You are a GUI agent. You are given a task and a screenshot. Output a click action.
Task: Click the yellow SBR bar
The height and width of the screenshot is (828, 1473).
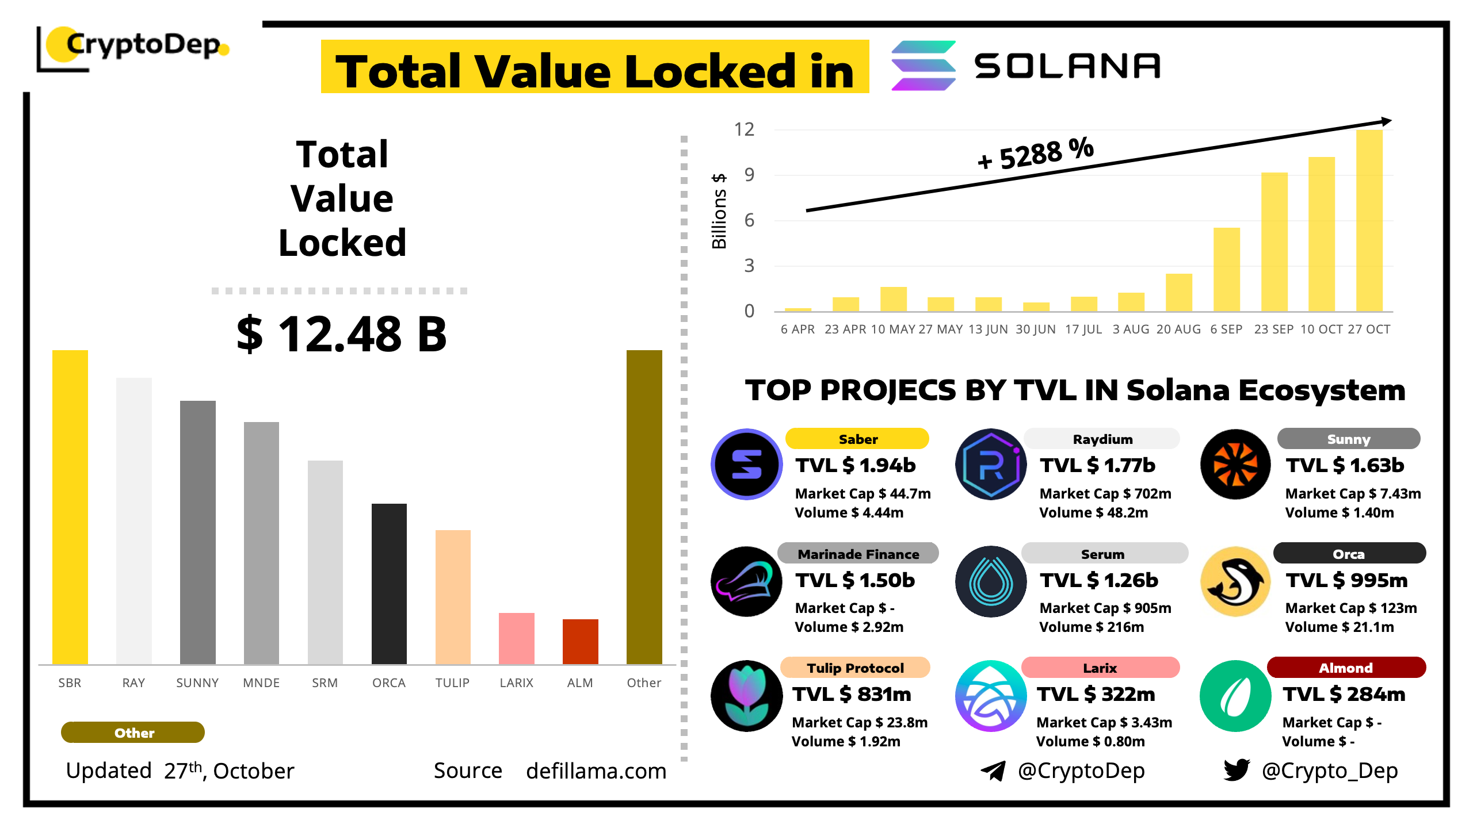pos(70,506)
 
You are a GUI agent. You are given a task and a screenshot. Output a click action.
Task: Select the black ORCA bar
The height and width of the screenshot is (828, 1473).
pos(389,584)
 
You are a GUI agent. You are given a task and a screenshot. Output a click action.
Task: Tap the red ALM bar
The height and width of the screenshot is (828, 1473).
pos(580,641)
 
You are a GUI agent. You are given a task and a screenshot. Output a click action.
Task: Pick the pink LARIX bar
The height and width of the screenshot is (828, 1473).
pos(516,638)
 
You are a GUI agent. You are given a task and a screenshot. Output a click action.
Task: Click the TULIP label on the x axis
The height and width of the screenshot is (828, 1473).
pos(452,683)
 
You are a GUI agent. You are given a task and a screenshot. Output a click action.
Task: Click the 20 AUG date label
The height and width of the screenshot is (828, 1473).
pos(1178,329)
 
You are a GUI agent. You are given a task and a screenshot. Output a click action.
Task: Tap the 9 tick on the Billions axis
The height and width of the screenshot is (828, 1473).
pos(749,174)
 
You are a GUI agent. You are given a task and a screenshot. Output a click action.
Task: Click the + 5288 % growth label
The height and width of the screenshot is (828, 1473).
pos(1035,154)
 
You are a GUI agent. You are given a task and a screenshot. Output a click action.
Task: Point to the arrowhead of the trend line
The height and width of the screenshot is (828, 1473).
pos(1387,121)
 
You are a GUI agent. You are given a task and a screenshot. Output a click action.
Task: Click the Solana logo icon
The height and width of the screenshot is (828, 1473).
pos(923,66)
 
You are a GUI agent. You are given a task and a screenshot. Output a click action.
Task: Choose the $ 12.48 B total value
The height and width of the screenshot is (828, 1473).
pos(342,334)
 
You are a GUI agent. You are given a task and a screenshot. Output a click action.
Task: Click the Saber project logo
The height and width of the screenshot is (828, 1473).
pos(746,464)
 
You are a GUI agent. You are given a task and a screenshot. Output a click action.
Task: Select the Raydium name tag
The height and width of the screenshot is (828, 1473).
pos(1102,439)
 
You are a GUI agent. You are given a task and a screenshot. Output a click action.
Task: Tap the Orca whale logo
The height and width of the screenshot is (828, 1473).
pos(1235,581)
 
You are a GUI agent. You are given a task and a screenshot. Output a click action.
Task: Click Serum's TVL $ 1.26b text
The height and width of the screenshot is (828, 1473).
pos(1098,580)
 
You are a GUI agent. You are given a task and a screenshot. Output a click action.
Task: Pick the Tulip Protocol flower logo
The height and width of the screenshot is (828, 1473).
pos(746,696)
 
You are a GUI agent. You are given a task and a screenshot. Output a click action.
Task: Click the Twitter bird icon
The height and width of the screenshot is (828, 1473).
pos(1237,770)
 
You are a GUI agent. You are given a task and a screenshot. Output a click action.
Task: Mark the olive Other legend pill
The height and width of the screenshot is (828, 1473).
pos(133,733)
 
